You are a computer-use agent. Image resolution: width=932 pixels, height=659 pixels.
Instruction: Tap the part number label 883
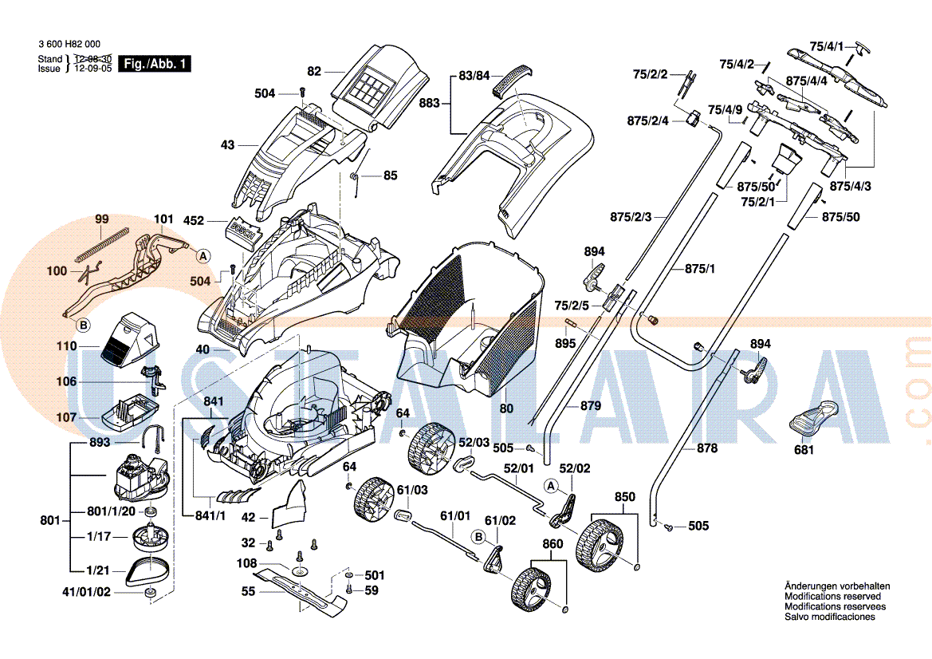coord(430,103)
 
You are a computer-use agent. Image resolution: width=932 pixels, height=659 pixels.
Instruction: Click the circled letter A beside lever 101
coord(203,256)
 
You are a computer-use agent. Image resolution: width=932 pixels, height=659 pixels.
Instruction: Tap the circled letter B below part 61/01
coord(478,536)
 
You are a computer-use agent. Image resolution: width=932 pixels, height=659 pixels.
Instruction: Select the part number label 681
coord(804,450)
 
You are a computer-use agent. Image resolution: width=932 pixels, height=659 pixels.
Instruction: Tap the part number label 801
coord(50,521)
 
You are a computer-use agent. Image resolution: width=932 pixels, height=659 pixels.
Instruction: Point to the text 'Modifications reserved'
coord(832,596)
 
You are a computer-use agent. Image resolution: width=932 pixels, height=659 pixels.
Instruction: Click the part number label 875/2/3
coord(631,217)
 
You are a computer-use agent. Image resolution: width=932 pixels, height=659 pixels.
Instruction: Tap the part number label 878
coord(707,448)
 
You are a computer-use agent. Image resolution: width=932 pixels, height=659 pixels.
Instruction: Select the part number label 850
coord(625,497)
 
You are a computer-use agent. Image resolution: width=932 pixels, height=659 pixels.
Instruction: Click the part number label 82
coord(314,71)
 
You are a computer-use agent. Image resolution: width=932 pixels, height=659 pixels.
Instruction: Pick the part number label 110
coord(66,346)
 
